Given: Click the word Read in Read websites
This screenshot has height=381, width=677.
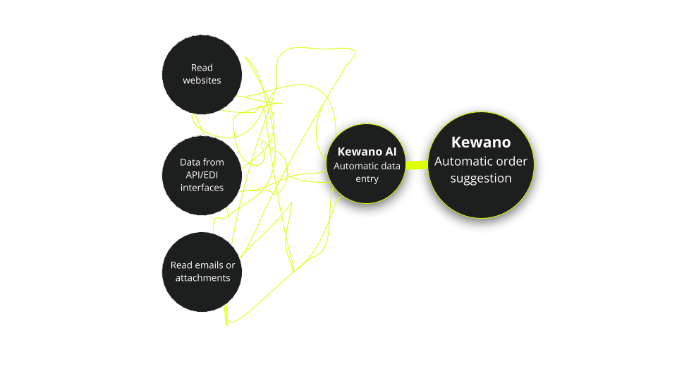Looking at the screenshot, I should click(x=202, y=68).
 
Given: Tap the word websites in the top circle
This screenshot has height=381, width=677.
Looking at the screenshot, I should click(x=202, y=80).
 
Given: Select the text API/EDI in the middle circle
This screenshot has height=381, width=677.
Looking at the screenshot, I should click(x=202, y=175).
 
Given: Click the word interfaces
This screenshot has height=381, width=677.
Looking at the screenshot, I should click(x=202, y=188).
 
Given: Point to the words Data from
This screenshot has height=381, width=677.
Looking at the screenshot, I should click(x=202, y=162).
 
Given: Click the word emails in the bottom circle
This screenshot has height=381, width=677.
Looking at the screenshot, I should click(x=209, y=265).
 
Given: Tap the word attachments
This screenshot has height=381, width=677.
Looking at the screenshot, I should click(x=203, y=278).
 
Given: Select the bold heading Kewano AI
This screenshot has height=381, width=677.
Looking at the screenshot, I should click(x=367, y=152).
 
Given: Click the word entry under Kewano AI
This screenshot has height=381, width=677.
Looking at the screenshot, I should click(x=367, y=179).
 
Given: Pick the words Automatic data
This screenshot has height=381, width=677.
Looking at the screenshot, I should click(x=367, y=167).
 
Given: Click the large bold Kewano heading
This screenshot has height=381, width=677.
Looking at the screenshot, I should click(x=480, y=143).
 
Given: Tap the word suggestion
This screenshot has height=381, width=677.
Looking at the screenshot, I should click(x=480, y=179).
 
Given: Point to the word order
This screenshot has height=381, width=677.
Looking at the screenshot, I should click(x=511, y=162).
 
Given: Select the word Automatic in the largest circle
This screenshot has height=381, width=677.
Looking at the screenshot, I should click(x=463, y=162).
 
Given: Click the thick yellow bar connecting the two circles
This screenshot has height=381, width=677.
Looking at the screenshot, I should click(x=417, y=165).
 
